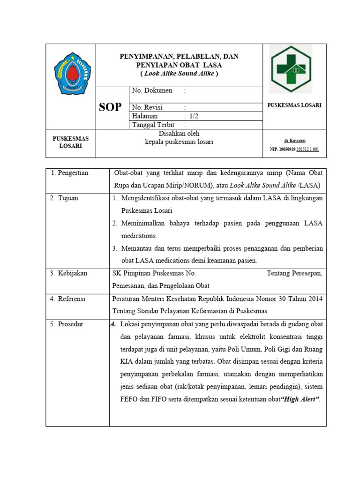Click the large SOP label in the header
coord(110,107)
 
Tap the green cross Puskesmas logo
coord(291,69)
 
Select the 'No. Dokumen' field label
coord(152,90)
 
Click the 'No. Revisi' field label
coord(148,107)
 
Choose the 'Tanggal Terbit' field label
coord(154,125)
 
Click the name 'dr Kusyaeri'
coord(294,140)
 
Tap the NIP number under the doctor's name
coord(294,149)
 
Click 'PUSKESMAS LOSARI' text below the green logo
coord(294,105)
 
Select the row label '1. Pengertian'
coord(69,173)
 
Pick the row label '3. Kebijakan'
coord(69,273)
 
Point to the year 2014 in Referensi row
coord(315,299)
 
